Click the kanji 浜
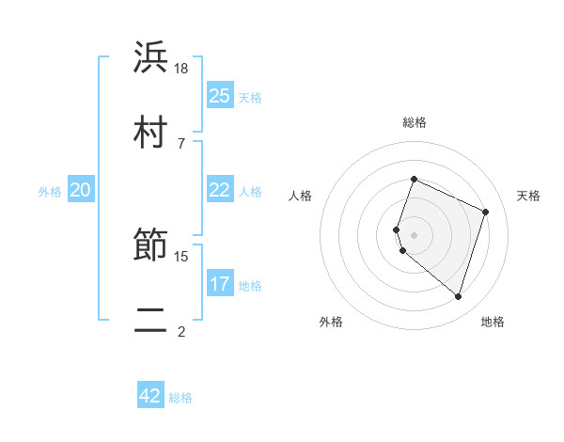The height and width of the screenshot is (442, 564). (150, 58)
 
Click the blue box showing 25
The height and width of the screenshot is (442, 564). (220, 96)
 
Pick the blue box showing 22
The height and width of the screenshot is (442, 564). (220, 190)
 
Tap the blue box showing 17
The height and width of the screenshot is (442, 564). (220, 284)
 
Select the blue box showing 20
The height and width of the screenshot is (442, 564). (81, 190)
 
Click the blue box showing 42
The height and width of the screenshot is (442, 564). (150, 396)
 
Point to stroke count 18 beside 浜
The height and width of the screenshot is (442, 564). (182, 69)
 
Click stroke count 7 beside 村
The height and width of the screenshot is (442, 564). (181, 143)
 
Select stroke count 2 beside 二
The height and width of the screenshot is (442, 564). (181, 331)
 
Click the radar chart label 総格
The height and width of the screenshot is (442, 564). (415, 122)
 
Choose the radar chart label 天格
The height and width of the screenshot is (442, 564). (529, 196)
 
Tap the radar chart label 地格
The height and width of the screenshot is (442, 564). (493, 323)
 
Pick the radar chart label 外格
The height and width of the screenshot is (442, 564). (331, 323)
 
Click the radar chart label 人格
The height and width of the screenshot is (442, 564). (301, 196)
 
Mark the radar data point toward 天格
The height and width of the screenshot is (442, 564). (486, 212)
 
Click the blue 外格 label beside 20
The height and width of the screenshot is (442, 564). (50, 191)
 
